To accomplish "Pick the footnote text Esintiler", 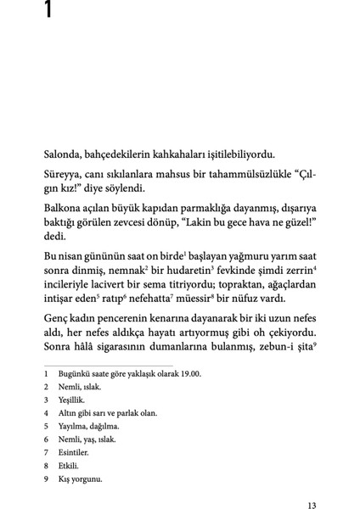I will click(x=76, y=452).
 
